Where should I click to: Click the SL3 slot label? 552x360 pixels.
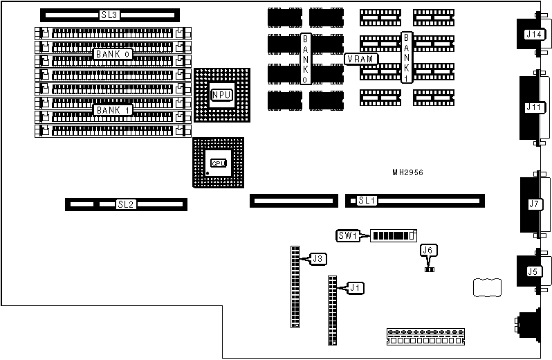[109, 15]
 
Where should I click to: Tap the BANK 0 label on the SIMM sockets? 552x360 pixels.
[113, 53]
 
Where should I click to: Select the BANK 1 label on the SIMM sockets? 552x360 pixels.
[113, 109]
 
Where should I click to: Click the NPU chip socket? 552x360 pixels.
[221, 95]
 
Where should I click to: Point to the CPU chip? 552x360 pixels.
[218, 163]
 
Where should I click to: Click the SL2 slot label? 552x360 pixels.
[125, 204]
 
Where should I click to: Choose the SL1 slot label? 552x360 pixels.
[366, 201]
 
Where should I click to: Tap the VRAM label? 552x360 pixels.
[361, 59]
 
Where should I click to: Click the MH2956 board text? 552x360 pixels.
[408, 172]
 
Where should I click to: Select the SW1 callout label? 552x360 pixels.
[346, 235]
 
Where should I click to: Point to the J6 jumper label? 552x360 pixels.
[429, 251]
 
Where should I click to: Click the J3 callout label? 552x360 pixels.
[318, 259]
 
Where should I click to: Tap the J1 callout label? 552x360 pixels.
[355, 287]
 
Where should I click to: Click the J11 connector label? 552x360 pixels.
[534, 107]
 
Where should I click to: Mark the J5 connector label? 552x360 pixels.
[532, 271]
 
